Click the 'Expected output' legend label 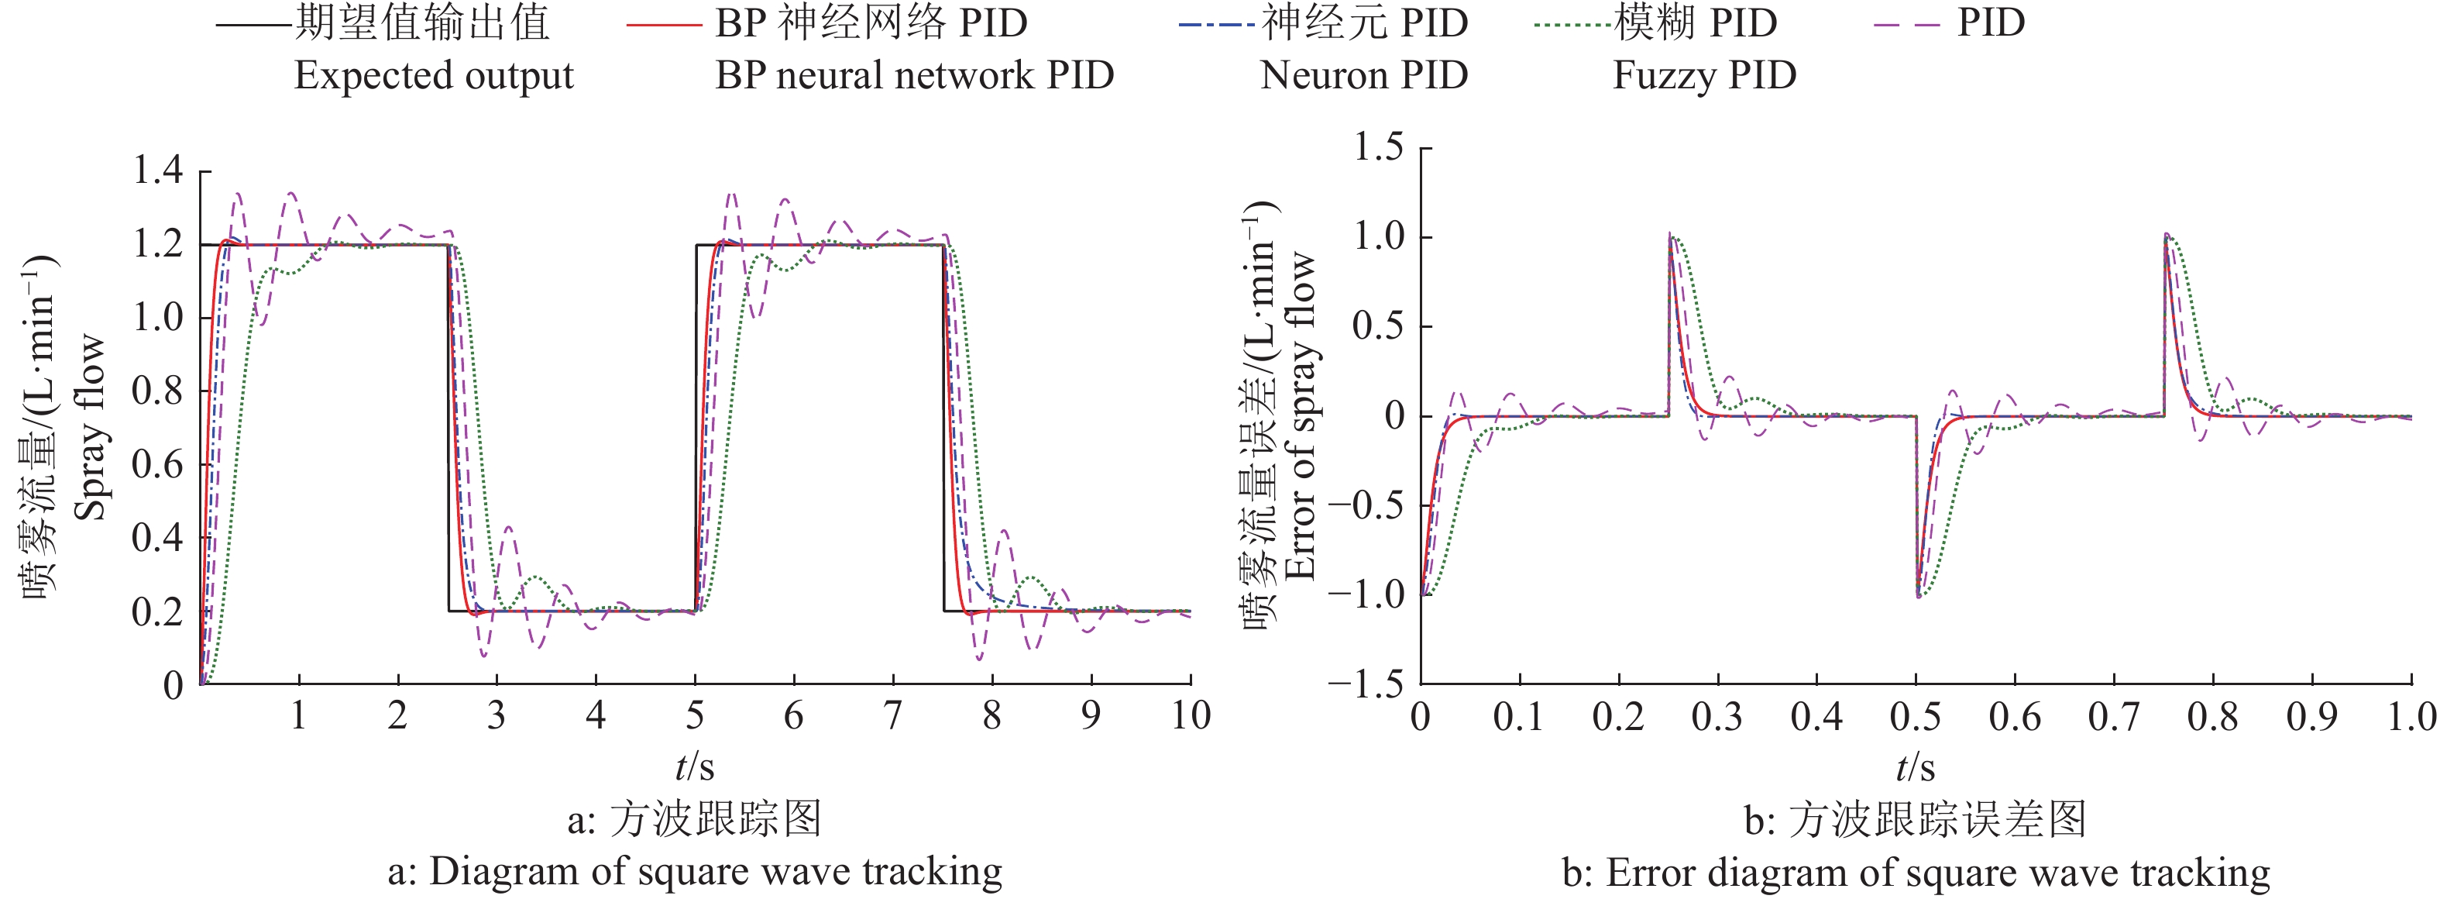pos(434,76)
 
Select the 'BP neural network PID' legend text pos(914,76)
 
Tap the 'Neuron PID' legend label pos(1364,76)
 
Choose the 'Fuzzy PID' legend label pos(1704,76)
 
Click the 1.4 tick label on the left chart pos(157,170)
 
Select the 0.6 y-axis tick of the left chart pos(157,464)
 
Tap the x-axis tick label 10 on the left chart pos(1191,716)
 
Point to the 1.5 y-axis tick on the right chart pos(1378,148)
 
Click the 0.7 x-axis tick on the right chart pos(2113,717)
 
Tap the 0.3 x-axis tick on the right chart pos(1717,717)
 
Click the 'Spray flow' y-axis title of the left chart pos(90,426)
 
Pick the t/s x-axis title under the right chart pos(1916,766)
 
